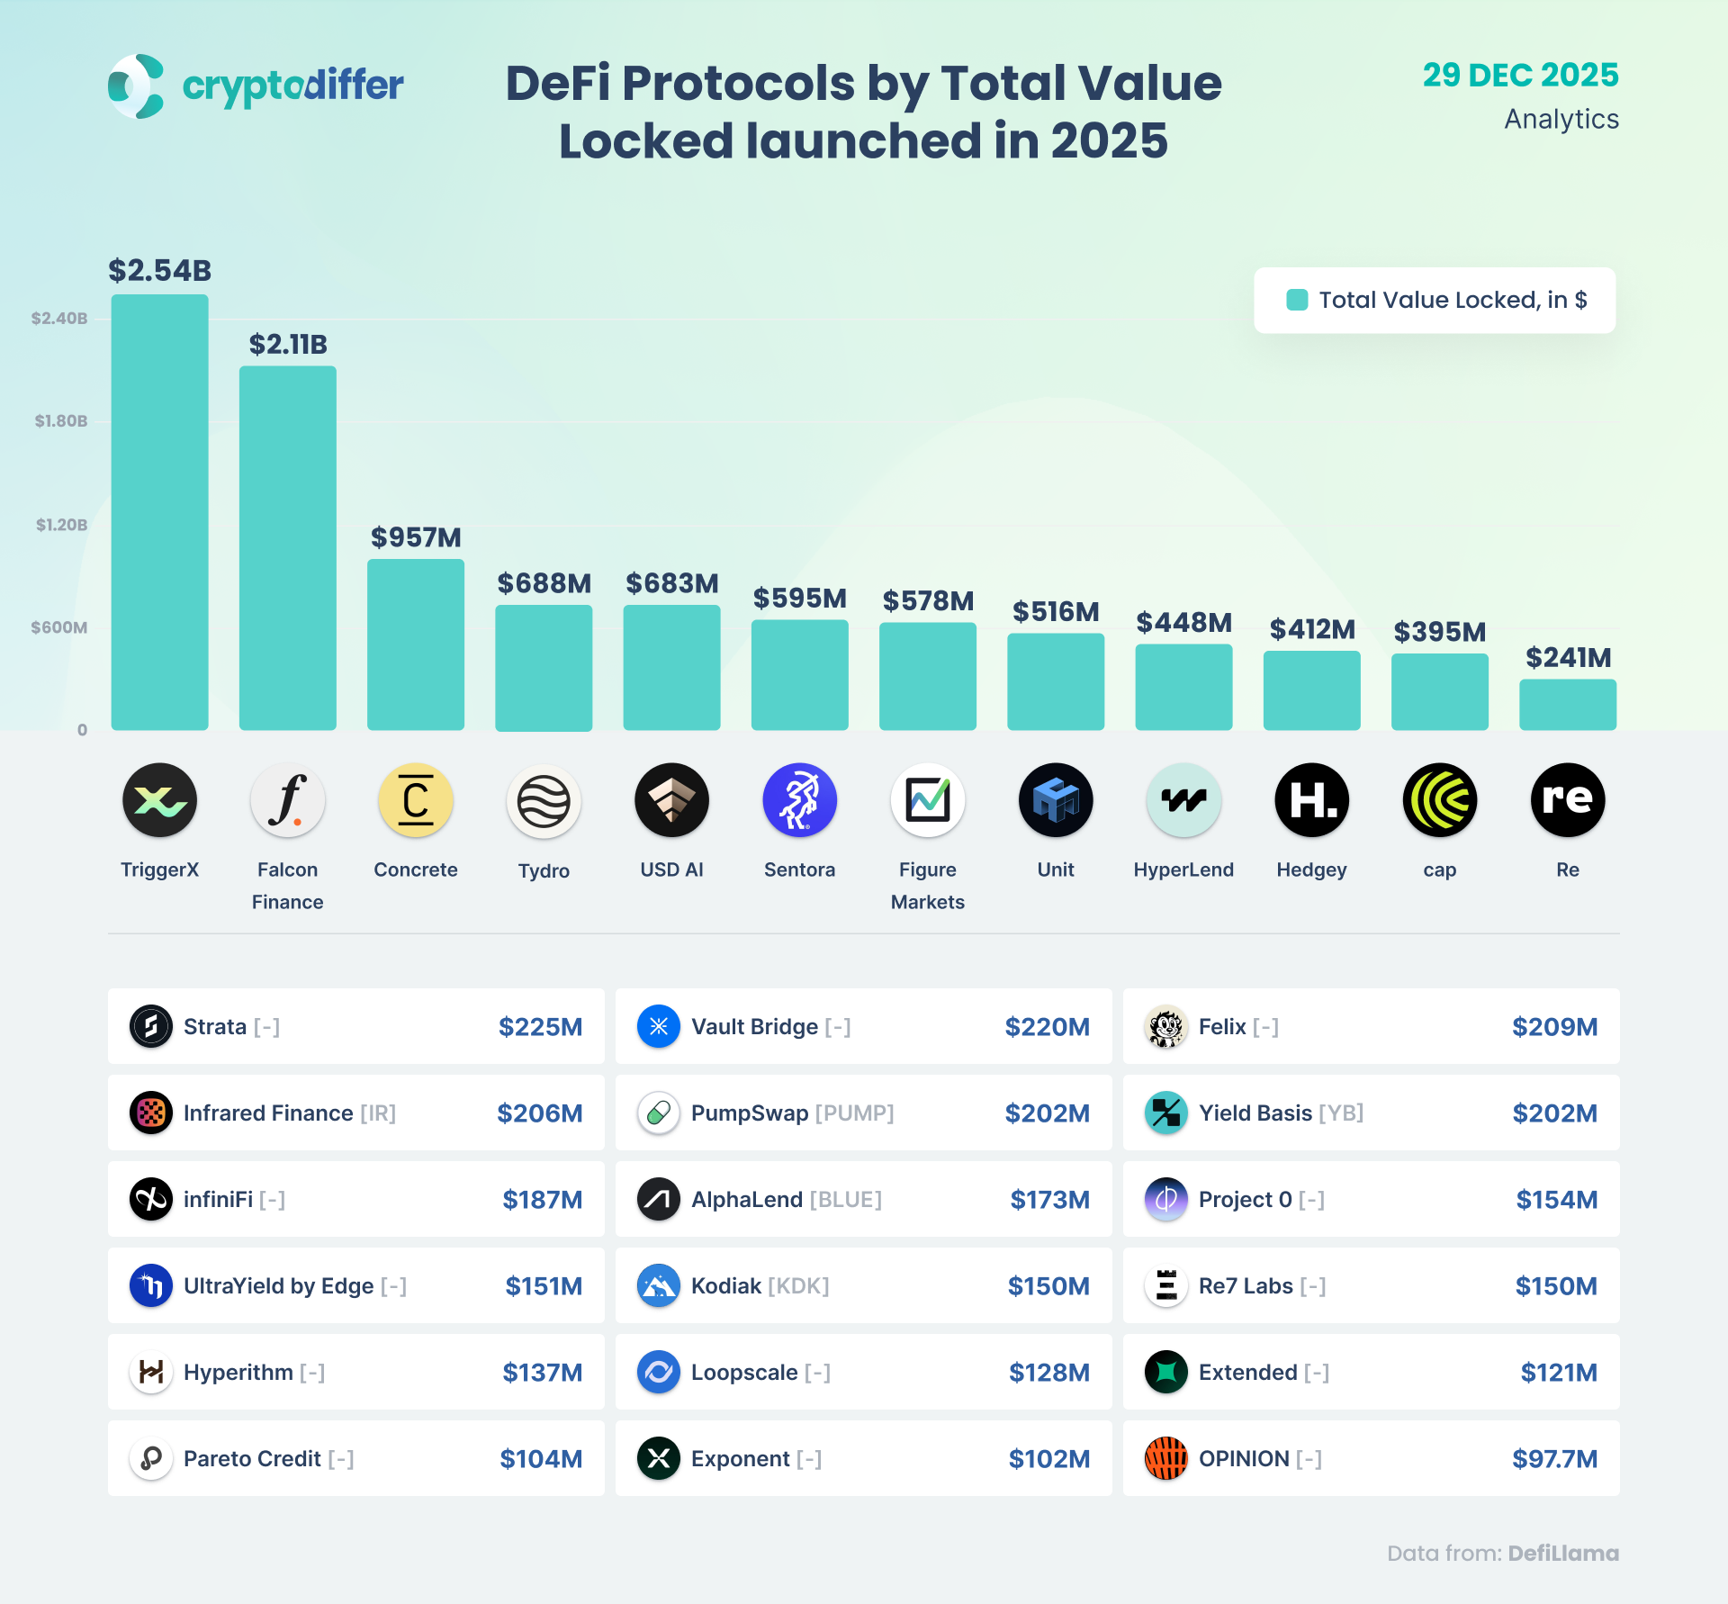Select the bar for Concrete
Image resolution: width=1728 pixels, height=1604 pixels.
tap(416, 644)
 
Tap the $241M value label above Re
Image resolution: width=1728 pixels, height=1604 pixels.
tap(1568, 658)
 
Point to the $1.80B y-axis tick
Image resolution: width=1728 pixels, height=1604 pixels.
tap(60, 421)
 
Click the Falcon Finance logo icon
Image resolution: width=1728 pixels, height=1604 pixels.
tap(288, 799)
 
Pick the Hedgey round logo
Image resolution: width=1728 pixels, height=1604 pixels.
tap(1311, 799)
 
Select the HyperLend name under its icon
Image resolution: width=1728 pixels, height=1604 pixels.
tap(1183, 870)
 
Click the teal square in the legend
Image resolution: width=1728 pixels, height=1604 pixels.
tap(1297, 300)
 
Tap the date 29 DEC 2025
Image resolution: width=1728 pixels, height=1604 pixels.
tap(1520, 75)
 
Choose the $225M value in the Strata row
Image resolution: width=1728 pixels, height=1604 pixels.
tap(540, 1027)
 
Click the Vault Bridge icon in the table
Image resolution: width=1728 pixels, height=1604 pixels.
tap(659, 1026)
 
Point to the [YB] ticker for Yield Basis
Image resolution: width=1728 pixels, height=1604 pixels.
tap(1341, 1113)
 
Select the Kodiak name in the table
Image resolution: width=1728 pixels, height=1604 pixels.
tap(725, 1286)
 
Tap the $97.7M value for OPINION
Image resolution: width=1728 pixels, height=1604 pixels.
tap(1554, 1459)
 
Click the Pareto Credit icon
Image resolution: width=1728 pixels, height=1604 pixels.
tap(151, 1458)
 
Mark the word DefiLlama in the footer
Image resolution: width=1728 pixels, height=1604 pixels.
tap(1563, 1554)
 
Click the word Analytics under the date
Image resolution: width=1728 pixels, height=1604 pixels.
tap(1561, 120)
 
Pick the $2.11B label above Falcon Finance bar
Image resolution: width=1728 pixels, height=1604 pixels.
tap(288, 345)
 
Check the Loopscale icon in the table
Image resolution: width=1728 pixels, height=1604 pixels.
tap(659, 1372)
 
